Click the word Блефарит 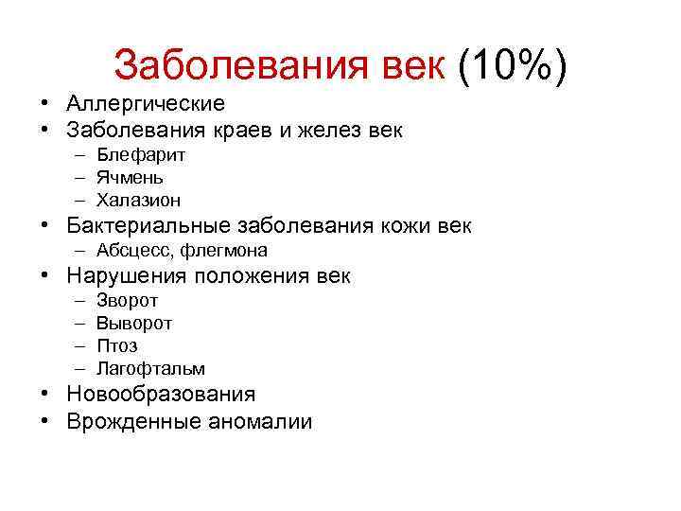(141, 154)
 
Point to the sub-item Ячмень (131, 177)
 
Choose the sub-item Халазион (138, 200)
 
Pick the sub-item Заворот (128, 301)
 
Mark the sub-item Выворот (134, 324)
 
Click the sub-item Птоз (116, 346)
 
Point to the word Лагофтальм (150, 369)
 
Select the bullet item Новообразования (161, 394)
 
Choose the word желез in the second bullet (325, 130)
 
